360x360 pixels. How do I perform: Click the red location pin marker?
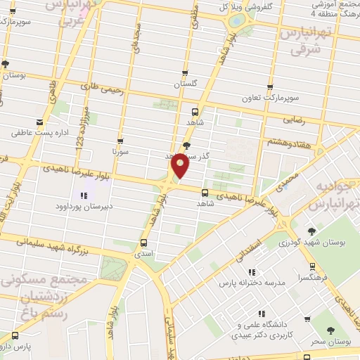180,165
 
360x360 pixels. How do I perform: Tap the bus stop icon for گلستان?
186,72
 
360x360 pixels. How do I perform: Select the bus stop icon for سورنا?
120,141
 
